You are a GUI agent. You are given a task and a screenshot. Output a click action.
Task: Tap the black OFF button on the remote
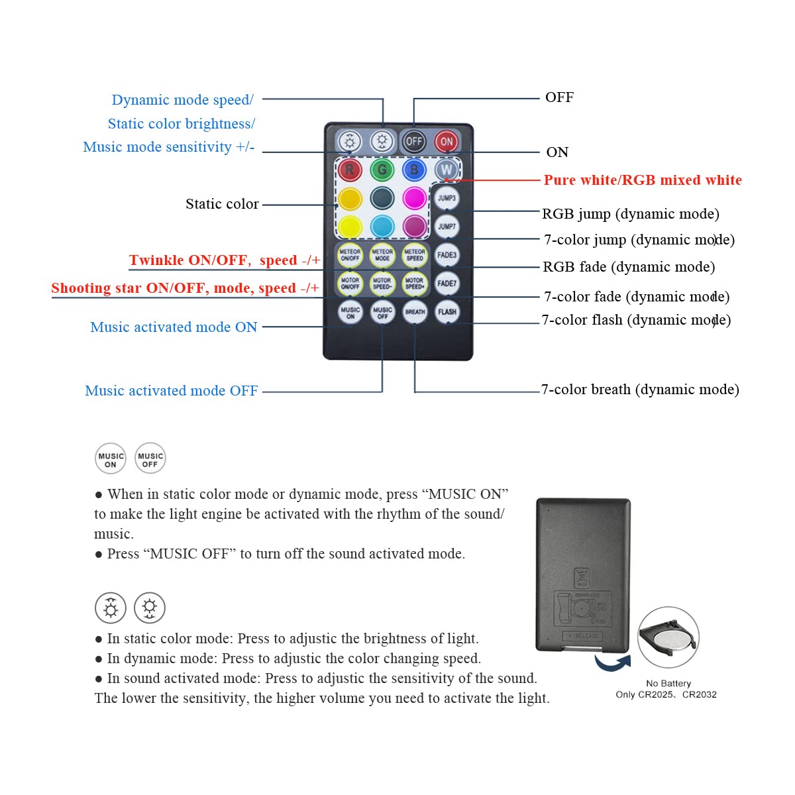pos(414,141)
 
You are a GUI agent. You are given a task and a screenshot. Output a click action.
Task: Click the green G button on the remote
pos(382,170)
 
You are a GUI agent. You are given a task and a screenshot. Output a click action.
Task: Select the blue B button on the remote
pos(414,170)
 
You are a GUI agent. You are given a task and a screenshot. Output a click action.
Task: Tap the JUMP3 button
pos(447,198)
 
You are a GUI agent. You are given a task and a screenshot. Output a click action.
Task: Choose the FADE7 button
pos(447,284)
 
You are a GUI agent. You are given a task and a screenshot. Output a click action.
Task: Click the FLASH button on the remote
pos(447,312)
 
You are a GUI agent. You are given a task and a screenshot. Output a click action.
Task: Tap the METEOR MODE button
pos(382,255)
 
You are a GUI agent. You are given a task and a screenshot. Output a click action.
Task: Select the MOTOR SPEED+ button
pos(415,284)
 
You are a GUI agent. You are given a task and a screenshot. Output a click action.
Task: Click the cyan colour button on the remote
pos(382,227)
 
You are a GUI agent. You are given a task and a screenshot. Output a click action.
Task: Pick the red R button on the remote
pos(350,170)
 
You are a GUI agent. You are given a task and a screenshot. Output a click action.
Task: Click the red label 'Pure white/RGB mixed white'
pos(642,180)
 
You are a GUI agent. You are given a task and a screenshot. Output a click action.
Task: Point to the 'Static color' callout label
pos(222,204)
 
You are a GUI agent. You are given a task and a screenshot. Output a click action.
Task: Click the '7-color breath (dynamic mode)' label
pos(640,390)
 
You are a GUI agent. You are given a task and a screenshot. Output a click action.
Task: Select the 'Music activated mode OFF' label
pos(172,391)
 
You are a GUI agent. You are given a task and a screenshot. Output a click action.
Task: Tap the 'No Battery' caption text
pos(668,683)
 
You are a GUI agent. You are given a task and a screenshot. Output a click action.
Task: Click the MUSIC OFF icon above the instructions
pos(150,458)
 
